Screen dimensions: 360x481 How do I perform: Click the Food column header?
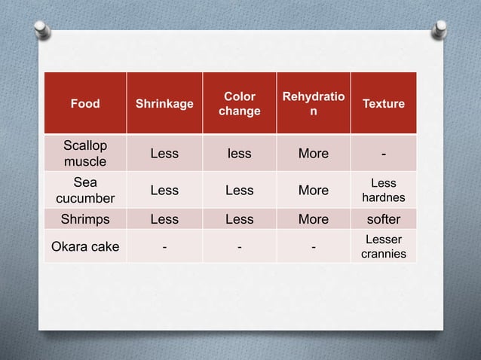[x=84, y=104]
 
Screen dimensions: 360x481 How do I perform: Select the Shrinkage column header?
[x=164, y=104]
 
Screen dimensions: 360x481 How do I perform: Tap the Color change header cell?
[x=239, y=104]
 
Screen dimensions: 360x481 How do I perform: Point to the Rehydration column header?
[x=313, y=104]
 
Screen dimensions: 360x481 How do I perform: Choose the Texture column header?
[x=383, y=104]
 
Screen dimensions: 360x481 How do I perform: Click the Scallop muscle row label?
[x=84, y=153]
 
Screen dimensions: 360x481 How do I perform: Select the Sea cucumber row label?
[x=84, y=190]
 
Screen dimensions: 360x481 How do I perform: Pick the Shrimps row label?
[x=84, y=219]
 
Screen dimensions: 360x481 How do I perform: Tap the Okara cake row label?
[x=84, y=246]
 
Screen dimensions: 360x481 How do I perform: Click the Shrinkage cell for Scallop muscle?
[x=164, y=154]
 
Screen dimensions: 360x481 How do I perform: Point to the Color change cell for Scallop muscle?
[x=239, y=154]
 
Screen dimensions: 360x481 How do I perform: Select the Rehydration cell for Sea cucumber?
[x=313, y=190]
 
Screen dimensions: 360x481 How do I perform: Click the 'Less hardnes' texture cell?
[x=383, y=190]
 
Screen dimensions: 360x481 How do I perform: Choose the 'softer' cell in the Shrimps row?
[x=383, y=219]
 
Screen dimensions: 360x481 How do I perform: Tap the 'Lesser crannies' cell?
[x=383, y=246]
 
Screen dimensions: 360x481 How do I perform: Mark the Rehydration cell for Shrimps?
[x=313, y=219]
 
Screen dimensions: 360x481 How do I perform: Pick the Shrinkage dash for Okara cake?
[x=164, y=246]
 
